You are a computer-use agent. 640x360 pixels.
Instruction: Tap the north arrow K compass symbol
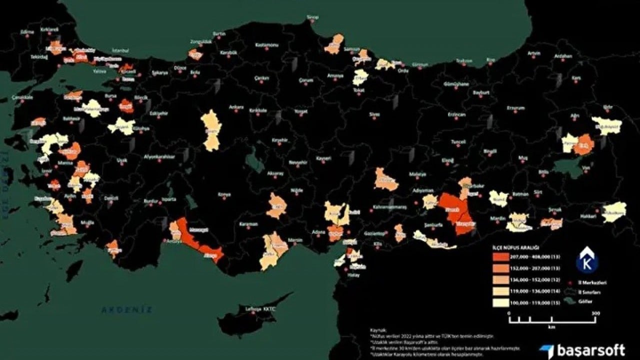[x=586, y=260]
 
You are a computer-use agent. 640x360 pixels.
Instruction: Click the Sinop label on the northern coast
[x=312, y=17]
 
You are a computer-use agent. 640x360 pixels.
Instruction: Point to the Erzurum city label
[x=515, y=107]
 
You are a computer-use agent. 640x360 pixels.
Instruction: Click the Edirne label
[x=27, y=31]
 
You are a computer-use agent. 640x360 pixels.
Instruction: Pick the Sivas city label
[x=374, y=114]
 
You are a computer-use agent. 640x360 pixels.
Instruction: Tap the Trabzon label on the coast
[x=463, y=61]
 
